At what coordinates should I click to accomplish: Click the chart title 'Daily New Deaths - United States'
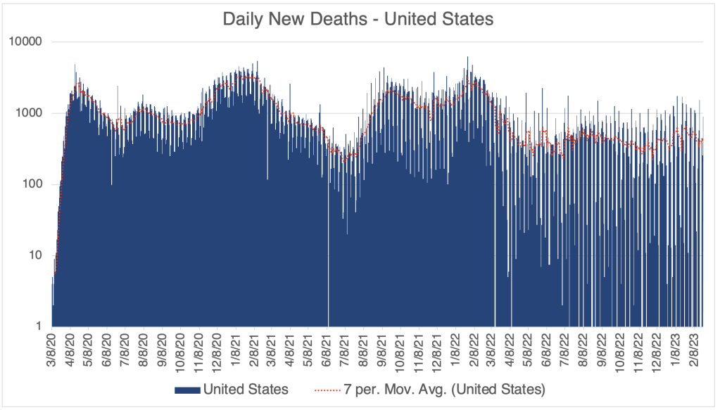click(x=358, y=19)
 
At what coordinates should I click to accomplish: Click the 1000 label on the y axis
click(x=31, y=113)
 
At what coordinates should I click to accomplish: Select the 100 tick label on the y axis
click(x=34, y=184)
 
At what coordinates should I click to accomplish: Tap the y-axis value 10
click(x=37, y=255)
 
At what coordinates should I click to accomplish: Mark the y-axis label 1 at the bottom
click(x=40, y=326)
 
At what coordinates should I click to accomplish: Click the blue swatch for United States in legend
click(x=187, y=389)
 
